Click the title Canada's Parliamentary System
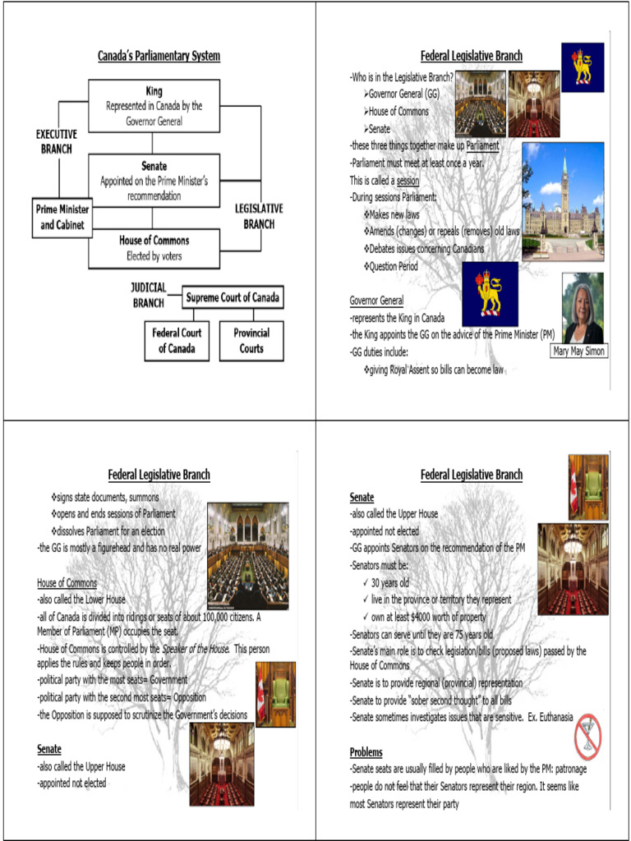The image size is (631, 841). pyautogui.click(x=159, y=57)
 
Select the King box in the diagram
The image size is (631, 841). pyautogui.click(x=154, y=106)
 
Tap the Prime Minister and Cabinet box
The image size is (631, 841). pyautogui.click(x=62, y=217)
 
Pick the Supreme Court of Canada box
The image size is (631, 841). pyautogui.click(x=233, y=297)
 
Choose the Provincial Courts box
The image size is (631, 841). pyautogui.click(x=251, y=341)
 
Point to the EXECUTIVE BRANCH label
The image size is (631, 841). pyautogui.click(x=57, y=141)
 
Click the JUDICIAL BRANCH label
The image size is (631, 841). pyautogui.click(x=149, y=296)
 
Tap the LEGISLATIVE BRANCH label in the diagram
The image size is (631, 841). pyautogui.click(x=259, y=216)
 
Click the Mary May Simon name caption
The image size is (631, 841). pyautogui.click(x=579, y=352)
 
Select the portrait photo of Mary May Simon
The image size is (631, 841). pyautogui.click(x=583, y=308)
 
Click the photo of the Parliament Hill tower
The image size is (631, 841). pyautogui.click(x=563, y=201)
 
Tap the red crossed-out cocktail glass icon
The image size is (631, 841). pyautogui.click(x=588, y=737)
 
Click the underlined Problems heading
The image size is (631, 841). pyautogui.click(x=366, y=752)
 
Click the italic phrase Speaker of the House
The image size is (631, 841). pyautogui.click(x=196, y=649)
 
